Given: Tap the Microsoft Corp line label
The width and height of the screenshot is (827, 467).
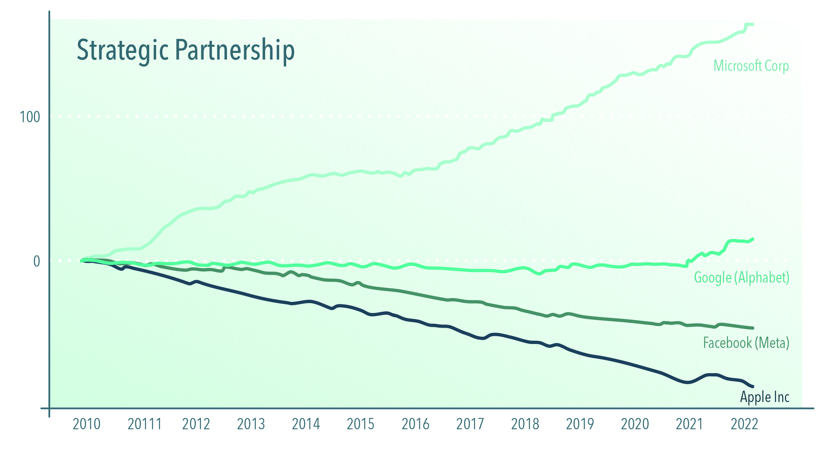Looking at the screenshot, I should point(751,66).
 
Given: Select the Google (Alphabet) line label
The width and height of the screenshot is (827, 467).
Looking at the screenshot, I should point(741,277).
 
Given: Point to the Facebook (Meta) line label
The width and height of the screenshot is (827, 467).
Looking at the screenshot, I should point(746,343).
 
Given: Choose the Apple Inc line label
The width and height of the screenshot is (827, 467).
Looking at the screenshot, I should point(764,397).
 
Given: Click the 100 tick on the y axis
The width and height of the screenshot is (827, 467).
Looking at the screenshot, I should point(30,117).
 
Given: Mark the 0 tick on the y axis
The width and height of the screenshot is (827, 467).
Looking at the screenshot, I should point(36,261).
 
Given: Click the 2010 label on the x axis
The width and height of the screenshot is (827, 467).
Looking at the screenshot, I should point(86,424).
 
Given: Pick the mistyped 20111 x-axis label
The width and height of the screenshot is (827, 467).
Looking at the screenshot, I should point(144,424).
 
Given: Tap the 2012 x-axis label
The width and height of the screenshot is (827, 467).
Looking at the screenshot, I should point(196,424).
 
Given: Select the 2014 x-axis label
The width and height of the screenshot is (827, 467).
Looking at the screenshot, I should point(306,424).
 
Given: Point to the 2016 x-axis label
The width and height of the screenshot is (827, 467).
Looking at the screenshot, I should point(415,424).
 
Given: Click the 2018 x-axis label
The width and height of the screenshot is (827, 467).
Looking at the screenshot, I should point(525,424).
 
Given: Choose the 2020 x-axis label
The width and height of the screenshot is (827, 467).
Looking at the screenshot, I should point(635,424).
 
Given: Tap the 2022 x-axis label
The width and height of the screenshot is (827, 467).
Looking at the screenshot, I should point(744,424).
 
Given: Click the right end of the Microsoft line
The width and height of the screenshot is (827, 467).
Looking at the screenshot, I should point(753,25).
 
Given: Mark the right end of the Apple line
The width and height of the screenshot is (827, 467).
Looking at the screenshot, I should point(753,386).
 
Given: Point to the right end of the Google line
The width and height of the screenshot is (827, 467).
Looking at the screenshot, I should point(753,239).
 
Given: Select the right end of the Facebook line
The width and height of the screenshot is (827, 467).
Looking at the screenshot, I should point(753,328).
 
